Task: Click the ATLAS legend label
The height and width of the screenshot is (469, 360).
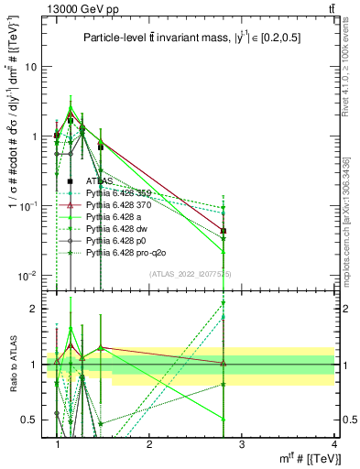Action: point(100,181)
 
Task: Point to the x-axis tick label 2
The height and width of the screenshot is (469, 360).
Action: point(149,443)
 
